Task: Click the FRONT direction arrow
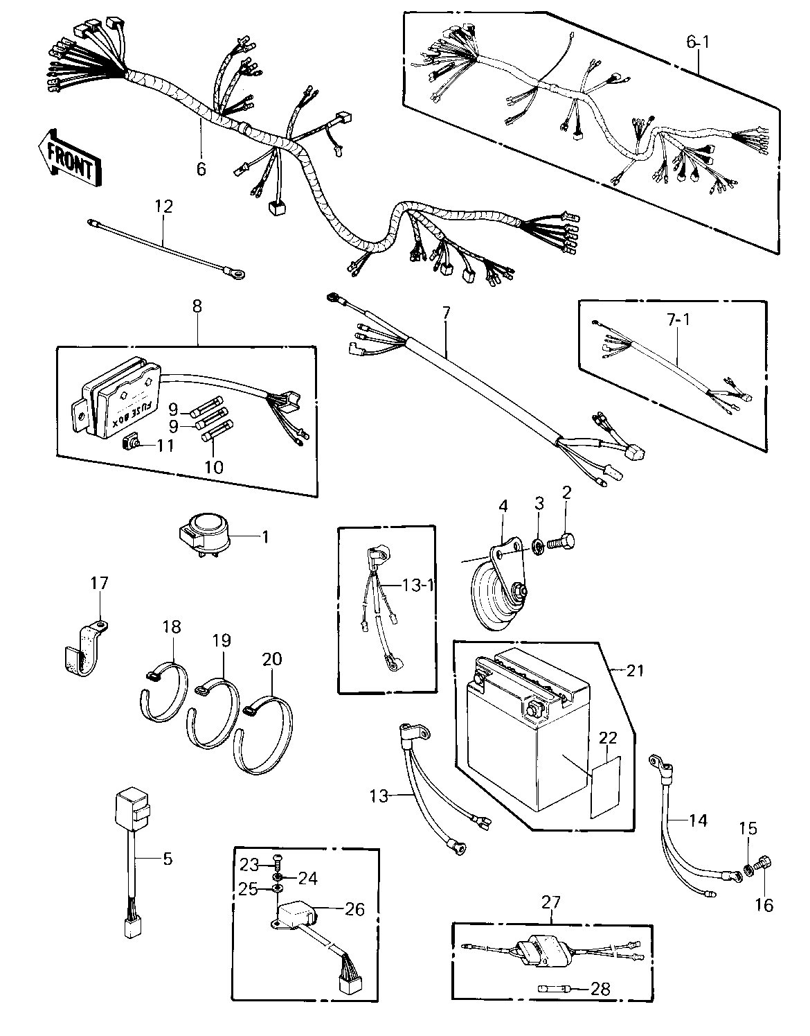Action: [69, 157]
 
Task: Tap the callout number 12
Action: [163, 207]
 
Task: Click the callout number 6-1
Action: [698, 42]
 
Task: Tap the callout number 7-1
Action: [678, 320]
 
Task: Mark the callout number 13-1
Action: [418, 584]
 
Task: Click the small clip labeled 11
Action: [129, 444]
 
